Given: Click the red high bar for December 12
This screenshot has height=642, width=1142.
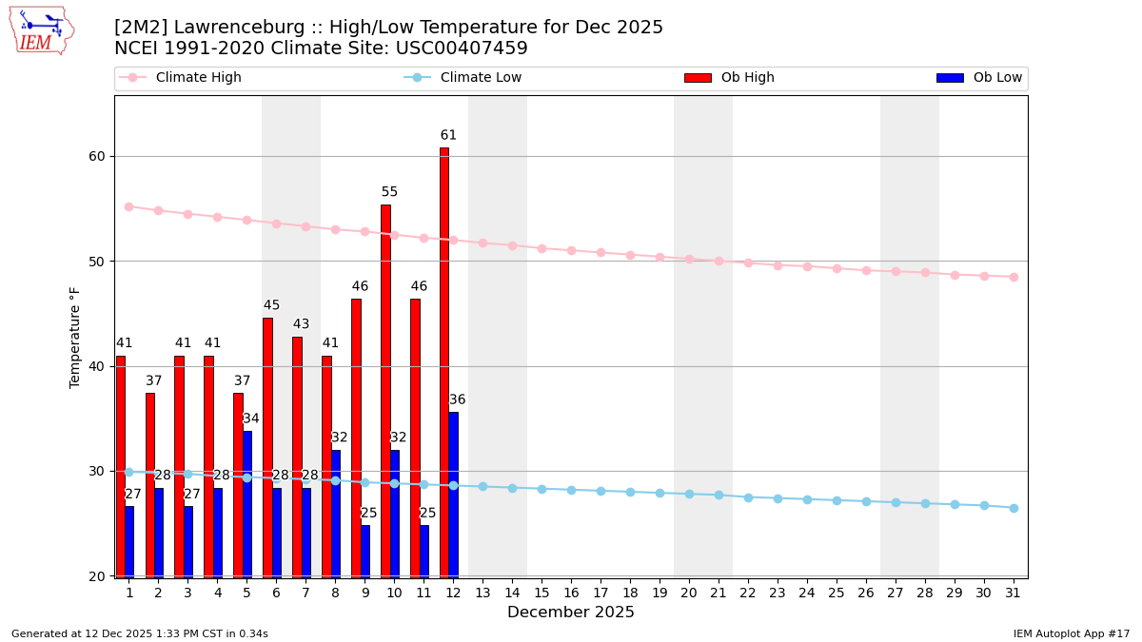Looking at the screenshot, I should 444,361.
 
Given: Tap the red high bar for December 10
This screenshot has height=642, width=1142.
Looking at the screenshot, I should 385,390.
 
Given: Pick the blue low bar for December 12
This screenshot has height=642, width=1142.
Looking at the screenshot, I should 453,494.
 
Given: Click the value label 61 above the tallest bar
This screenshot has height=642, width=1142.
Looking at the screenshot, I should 448,135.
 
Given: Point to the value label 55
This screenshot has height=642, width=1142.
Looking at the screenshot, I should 389,192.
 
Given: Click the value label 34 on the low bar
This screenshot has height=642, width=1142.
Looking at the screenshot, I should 251,418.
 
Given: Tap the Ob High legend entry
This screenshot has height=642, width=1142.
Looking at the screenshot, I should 729,78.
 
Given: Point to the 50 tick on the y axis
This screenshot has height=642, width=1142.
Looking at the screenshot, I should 95,262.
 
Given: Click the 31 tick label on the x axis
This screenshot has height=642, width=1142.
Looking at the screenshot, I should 1014,593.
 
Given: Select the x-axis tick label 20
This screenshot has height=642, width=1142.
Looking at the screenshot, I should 689,593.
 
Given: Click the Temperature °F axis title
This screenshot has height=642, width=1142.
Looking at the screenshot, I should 75,337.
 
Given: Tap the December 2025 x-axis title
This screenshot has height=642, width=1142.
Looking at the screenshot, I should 571,613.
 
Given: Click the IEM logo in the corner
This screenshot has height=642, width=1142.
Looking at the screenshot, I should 41,30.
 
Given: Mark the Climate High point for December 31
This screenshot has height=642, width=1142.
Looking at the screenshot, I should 1014,277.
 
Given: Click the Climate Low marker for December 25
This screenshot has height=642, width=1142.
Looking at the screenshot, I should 837,500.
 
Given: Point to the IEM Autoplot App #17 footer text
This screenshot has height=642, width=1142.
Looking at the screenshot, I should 1072,633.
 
